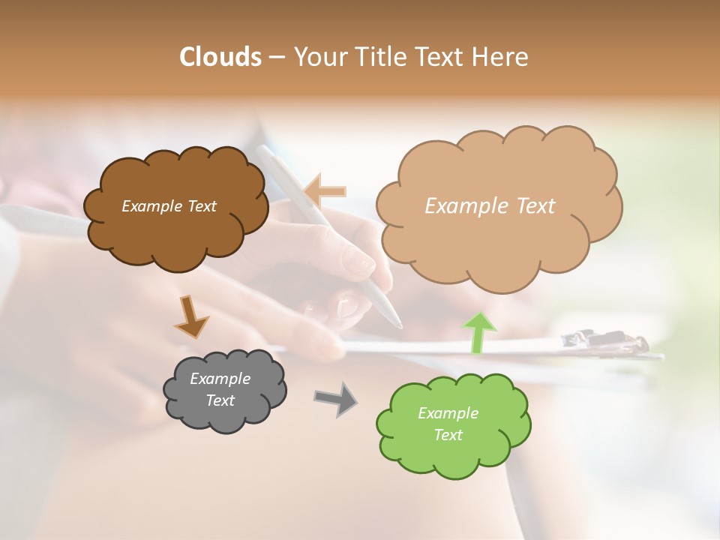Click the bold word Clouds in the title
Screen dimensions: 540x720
click(x=220, y=57)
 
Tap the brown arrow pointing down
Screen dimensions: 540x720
click(x=191, y=317)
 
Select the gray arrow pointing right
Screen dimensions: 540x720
click(x=336, y=399)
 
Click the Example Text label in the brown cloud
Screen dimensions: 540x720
click(x=169, y=206)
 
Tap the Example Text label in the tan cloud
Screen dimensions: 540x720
click(x=490, y=206)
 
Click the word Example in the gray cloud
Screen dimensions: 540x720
click(x=220, y=379)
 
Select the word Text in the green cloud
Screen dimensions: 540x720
click(x=448, y=435)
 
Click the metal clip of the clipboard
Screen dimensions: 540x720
click(x=604, y=341)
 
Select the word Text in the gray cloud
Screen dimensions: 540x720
click(x=220, y=400)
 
